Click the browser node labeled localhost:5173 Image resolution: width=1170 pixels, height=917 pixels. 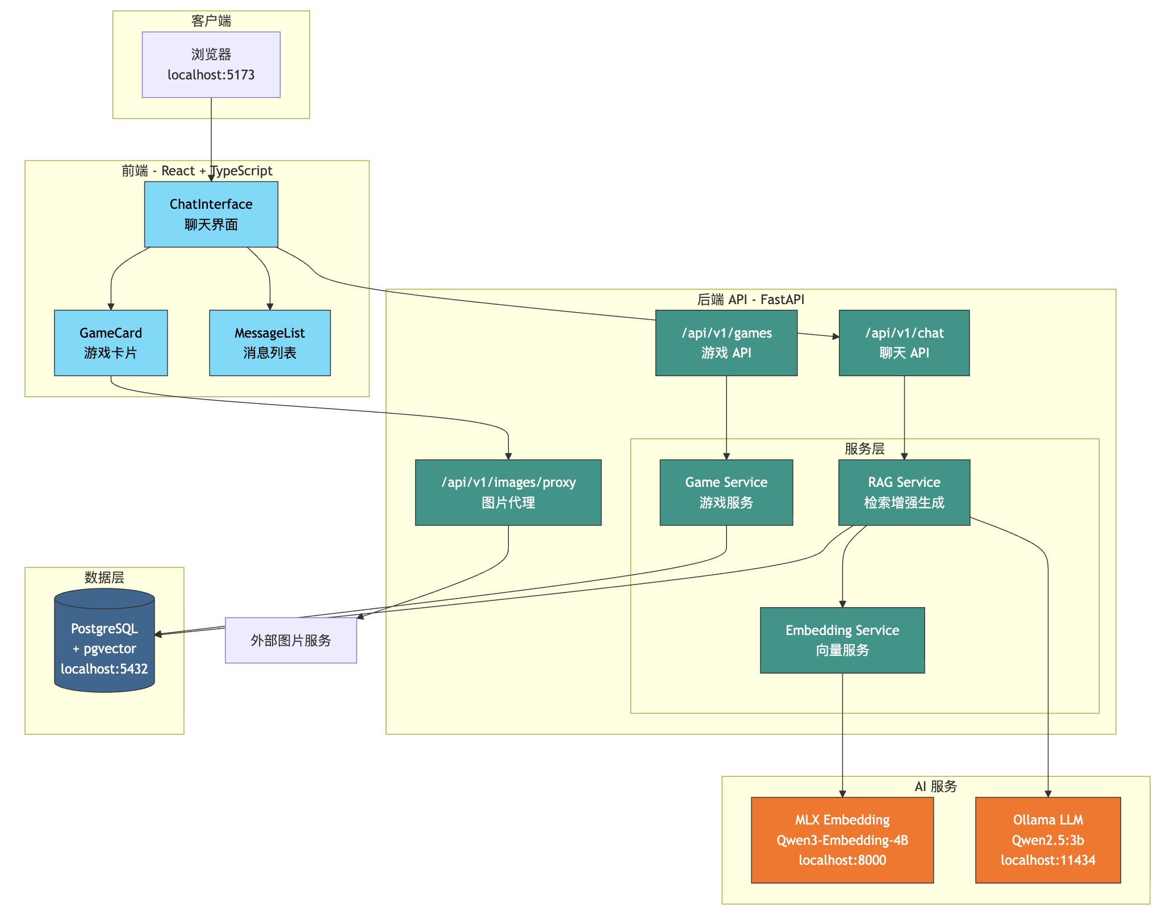211,65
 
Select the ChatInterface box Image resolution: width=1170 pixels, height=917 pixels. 211,214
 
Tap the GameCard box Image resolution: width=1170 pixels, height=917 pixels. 111,343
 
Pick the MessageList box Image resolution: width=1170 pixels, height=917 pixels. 270,343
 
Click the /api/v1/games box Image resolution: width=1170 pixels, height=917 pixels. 726,343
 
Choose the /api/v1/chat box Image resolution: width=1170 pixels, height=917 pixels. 904,343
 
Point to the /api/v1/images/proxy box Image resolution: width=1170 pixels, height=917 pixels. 508,492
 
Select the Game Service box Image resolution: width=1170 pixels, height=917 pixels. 726,492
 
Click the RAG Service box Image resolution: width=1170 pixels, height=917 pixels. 904,492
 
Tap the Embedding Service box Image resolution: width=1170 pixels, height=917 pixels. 842,640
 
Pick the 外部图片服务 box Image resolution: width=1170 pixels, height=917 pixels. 291,640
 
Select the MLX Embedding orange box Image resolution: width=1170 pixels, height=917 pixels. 842,840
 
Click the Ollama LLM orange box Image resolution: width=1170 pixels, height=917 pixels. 1047,840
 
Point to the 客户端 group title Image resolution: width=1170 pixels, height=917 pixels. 211,21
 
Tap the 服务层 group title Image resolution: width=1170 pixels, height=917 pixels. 864,449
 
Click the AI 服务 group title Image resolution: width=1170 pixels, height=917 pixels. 935,786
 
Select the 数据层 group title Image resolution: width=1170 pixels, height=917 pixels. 105,578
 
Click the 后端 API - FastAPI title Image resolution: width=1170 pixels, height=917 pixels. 750,300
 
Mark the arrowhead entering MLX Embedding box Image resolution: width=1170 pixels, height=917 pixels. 842,793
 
